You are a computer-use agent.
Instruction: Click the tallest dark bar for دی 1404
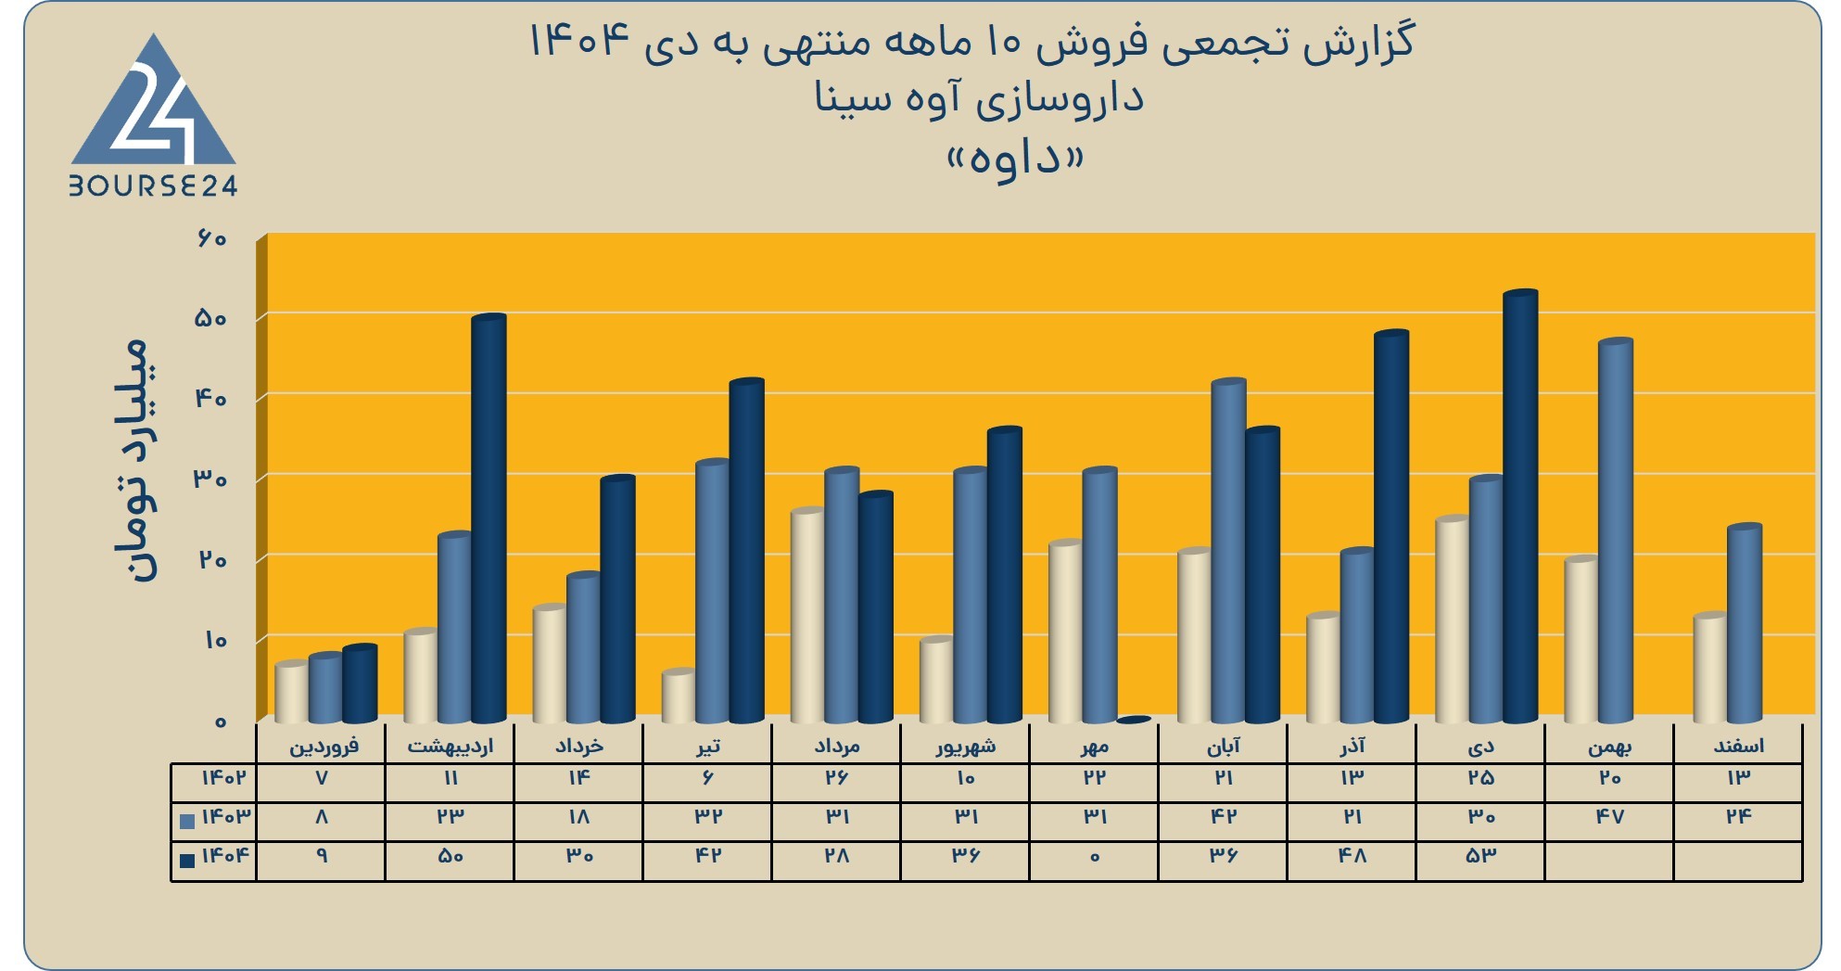point(1520,506)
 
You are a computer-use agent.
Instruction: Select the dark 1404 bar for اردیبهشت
point(489,518)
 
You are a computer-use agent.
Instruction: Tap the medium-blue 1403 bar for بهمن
point(1616,530)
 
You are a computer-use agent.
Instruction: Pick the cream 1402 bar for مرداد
point(808,615)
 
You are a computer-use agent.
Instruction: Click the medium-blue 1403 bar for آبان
point(1229,551)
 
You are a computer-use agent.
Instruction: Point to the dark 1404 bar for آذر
point(1391,527)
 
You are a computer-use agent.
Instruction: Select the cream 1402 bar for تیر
point(679,696)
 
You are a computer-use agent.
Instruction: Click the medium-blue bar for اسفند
point(1745,623)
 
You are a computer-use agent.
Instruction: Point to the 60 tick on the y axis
point(210,238)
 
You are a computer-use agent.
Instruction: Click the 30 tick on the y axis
point(210,479)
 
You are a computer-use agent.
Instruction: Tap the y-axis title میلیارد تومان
point(133,461)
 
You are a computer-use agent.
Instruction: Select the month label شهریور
point(966,746)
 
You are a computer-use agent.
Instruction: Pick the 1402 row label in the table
point(224,777)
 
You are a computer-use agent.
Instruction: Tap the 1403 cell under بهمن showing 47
point(1609,817)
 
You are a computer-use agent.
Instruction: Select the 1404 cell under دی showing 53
point(1480,856)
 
